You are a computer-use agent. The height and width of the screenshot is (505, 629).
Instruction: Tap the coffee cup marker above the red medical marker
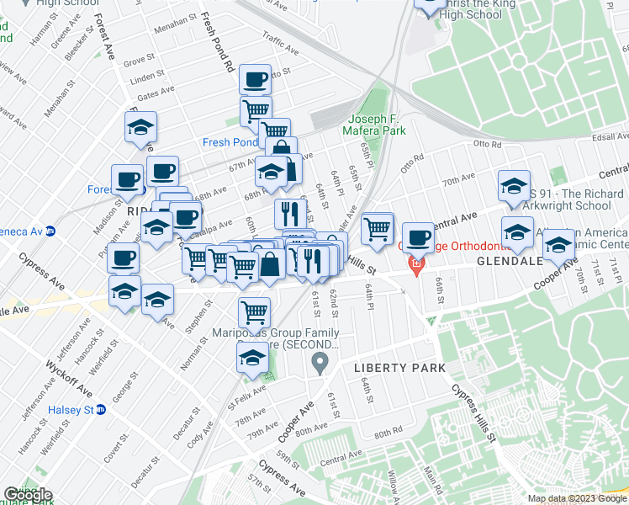click(418, 237)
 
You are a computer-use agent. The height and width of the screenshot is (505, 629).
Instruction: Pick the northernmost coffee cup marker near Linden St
click(255, 80)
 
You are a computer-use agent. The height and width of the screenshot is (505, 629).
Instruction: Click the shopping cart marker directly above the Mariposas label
click(254, 312)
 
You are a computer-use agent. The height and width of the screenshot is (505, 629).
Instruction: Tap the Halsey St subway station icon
click(101, 410)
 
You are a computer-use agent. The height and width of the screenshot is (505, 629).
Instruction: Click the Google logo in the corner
click(28, 495)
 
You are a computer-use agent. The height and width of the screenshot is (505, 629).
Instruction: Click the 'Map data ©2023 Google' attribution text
click(577, 498)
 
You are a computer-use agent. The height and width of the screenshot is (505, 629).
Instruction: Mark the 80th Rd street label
click(388, 433)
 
